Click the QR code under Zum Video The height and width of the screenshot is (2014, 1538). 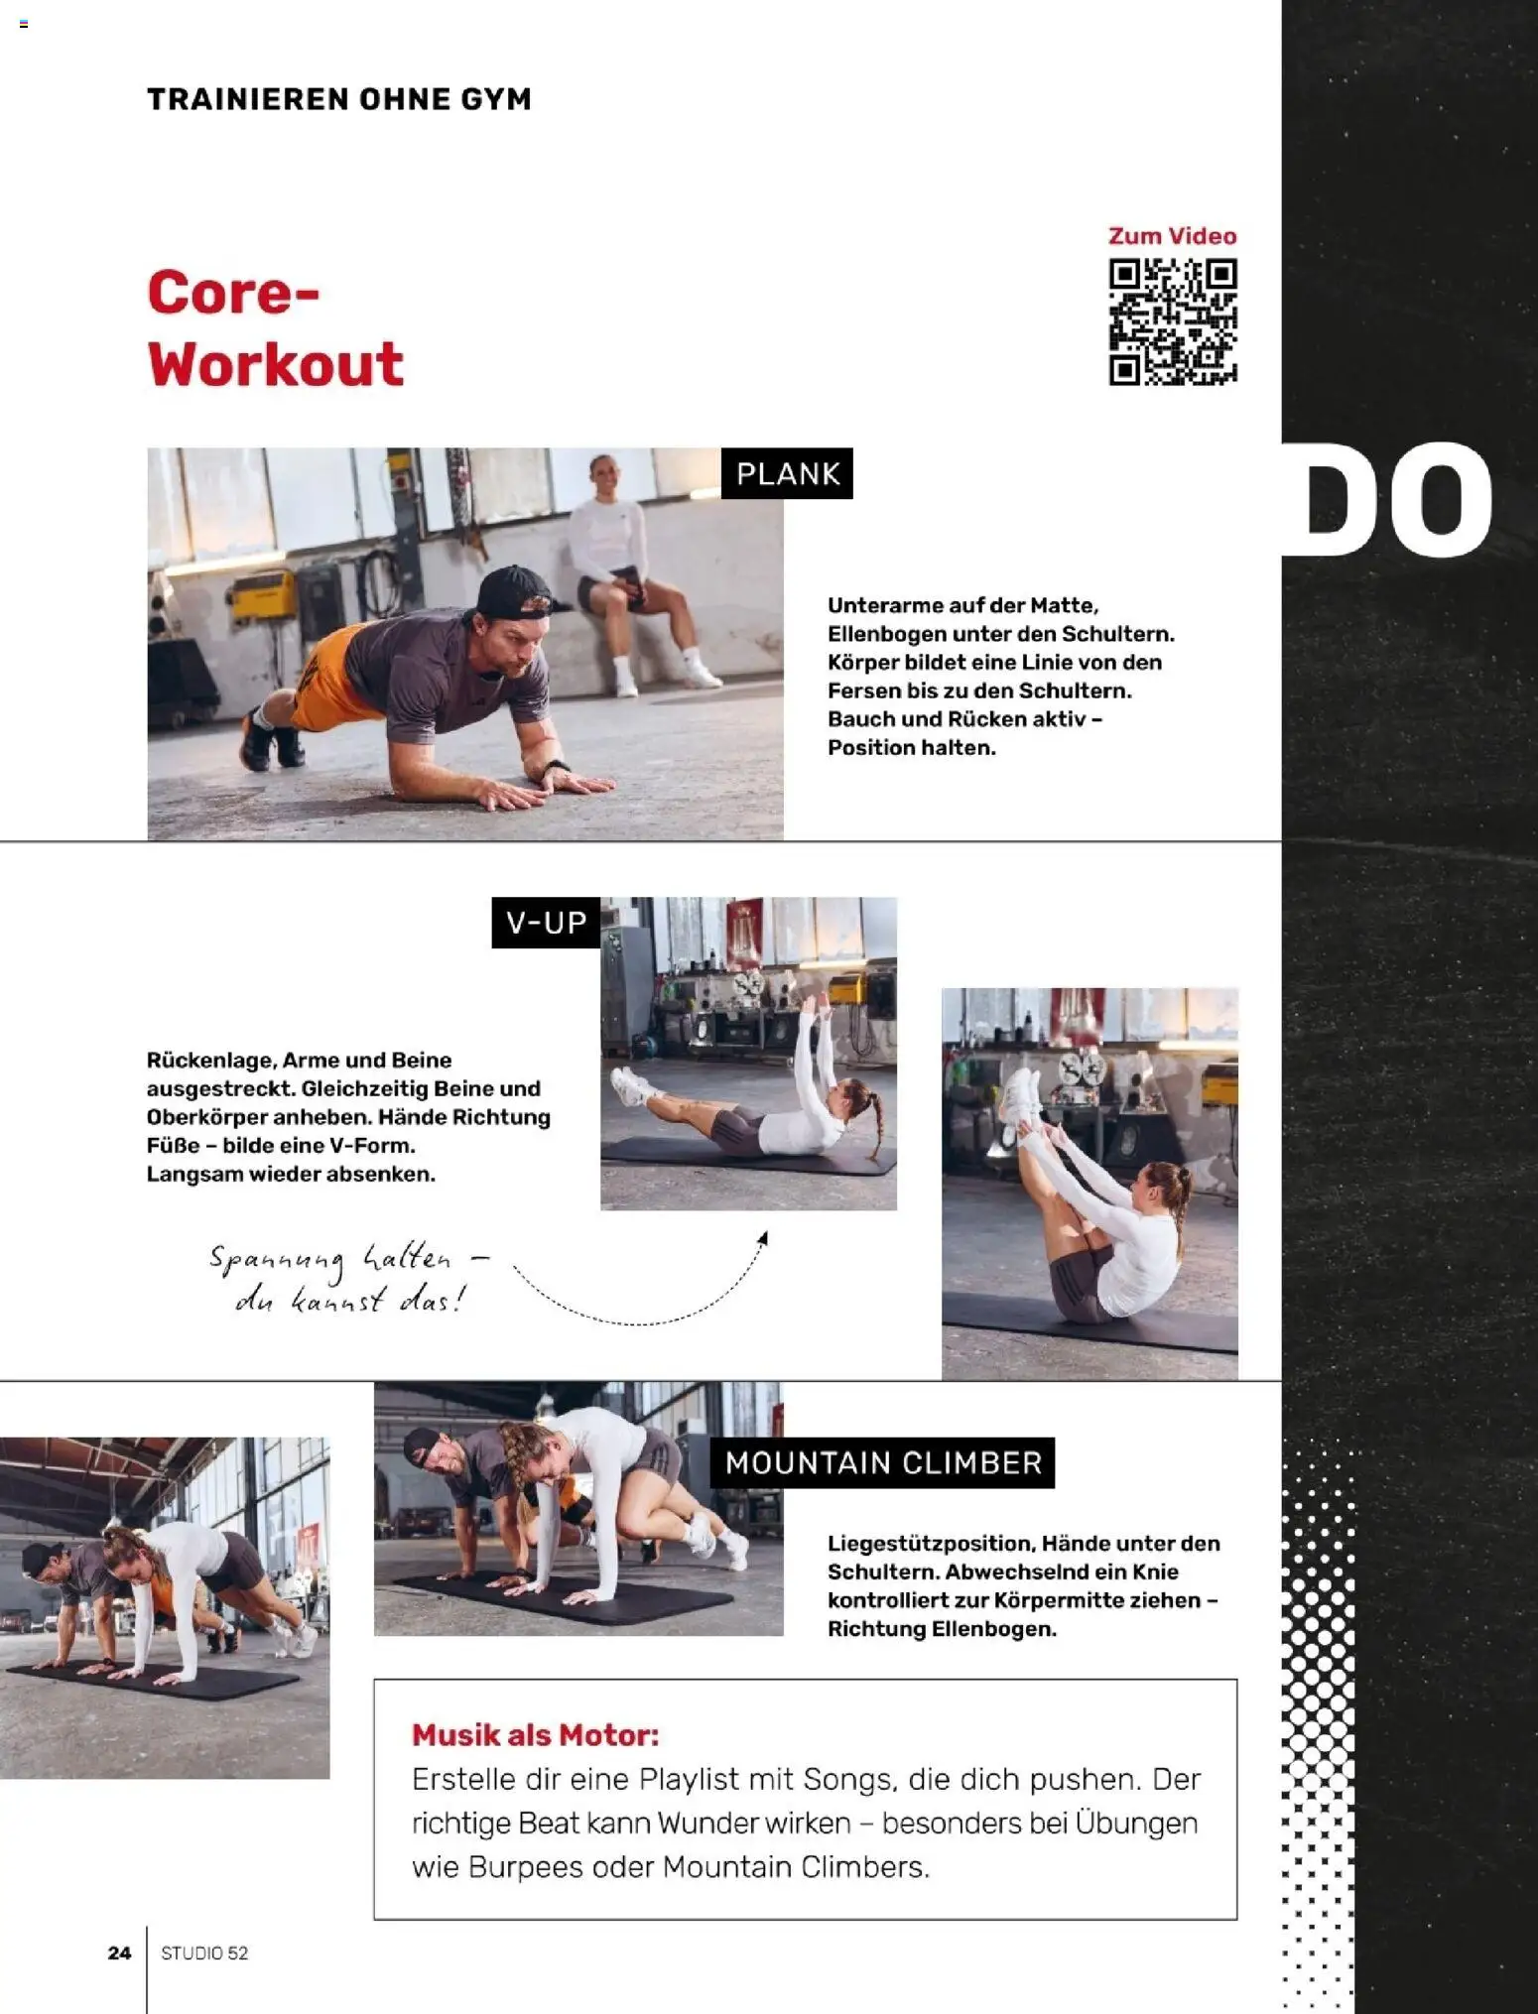point(1173,321)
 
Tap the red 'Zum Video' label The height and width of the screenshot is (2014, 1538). point(1172,236)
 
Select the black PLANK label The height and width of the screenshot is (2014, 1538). point(787,473)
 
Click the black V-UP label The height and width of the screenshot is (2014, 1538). point(546,923)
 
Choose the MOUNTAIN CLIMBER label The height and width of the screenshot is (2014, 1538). point(882,1462)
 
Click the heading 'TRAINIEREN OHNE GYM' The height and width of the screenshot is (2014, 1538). point(339,99)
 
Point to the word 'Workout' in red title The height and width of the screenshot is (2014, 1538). point(276,364)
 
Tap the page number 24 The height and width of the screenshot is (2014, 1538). point(119,1952)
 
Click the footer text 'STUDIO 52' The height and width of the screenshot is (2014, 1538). point(204,1952)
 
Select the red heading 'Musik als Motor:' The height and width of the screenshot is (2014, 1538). point(535,1735)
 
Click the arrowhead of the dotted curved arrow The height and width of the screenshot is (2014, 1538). point(763,1238)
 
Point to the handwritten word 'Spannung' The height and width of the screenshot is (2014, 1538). point(276,1262)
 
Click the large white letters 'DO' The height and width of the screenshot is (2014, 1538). point(1389,500)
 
